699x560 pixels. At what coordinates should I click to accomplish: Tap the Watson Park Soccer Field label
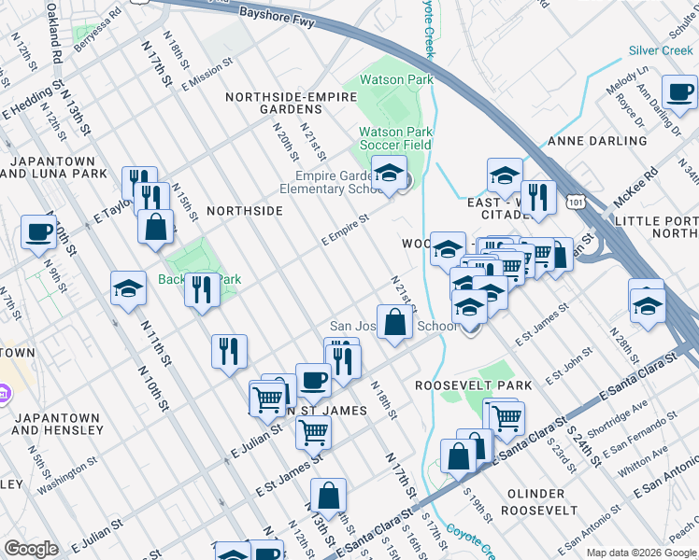[x=396, y=138]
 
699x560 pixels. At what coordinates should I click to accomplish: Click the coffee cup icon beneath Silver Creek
[x=679, y=91]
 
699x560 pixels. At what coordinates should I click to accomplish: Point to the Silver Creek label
[x=660, y=50]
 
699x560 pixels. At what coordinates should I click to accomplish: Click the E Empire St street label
[x=346, y=229]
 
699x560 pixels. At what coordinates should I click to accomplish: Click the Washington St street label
[x=66, y=474]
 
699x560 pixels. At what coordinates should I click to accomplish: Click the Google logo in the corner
[x=31, y=549]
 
